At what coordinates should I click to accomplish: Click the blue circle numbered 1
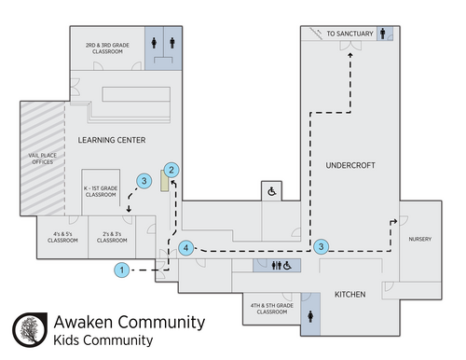(122, 270)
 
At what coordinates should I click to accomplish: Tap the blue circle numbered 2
(171, 170)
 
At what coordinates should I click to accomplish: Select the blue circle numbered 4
(186, 248)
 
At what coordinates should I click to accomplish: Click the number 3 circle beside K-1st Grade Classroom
(144, 181)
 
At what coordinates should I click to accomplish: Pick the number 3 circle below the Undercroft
(321, 247)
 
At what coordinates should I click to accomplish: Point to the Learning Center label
(112, 140)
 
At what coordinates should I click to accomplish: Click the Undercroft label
(350, 165)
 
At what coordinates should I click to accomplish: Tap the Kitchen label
(350, 295)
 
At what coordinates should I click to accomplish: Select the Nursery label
(420, 239)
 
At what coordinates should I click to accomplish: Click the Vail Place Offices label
(43, 159)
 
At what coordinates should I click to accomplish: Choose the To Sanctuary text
(349, 34)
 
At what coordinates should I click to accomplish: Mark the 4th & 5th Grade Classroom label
(272, 309)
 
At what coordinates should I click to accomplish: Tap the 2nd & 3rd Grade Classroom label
(107, 48)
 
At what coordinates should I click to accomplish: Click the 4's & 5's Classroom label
(62, 237)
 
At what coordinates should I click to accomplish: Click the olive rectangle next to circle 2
(165, 180)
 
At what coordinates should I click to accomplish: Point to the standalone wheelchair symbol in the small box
(272, 191)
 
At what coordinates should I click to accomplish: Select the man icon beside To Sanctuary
(383, 34)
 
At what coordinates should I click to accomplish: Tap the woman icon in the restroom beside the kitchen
(310, 316)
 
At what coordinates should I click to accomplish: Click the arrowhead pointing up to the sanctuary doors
(350, 55)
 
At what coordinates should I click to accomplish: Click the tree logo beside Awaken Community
(30, 330)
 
